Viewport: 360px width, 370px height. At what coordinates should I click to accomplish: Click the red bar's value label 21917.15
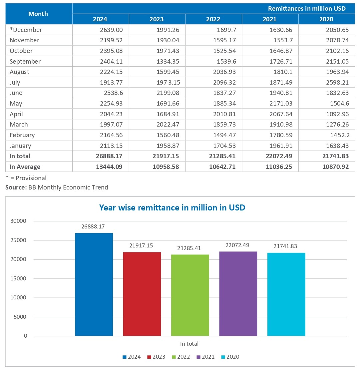(142, 246)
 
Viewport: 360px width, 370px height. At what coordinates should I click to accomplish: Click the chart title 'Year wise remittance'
(172, 207)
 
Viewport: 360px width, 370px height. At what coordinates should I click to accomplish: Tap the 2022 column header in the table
(213, 19)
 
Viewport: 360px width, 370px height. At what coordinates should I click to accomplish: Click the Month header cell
(38, 14)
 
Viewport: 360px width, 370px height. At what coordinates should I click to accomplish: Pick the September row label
(25, 62)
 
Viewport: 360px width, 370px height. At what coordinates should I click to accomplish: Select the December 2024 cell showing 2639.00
(111, 30)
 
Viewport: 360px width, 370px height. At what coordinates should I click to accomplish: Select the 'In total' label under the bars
(189, 344)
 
